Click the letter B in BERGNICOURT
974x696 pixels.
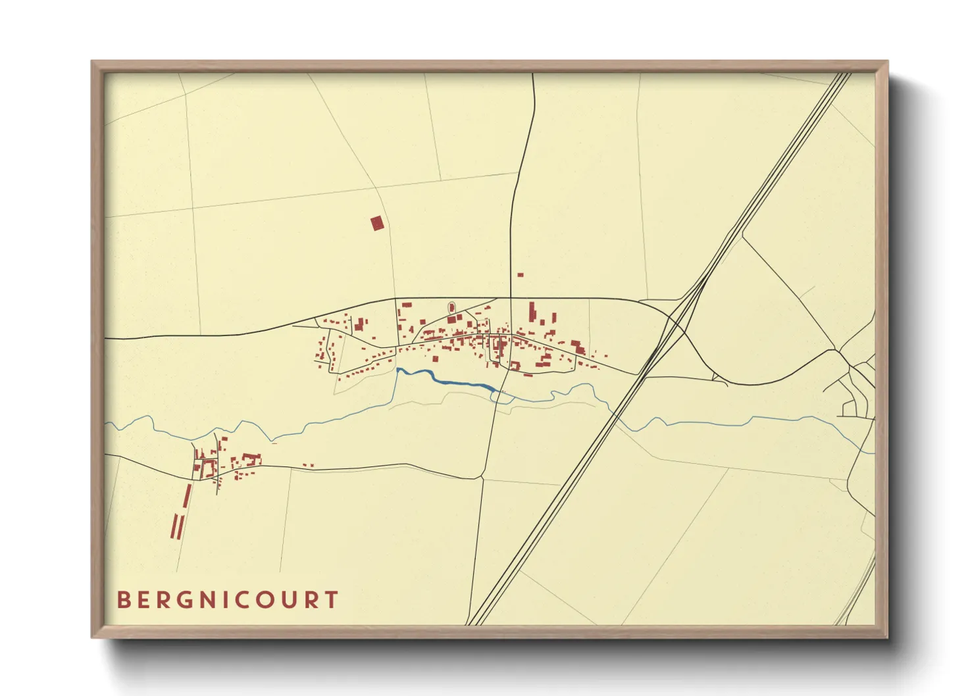[x=124, y=600]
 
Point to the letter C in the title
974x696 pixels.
[x=244, y=600]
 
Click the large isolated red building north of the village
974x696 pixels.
[x=376, y=224]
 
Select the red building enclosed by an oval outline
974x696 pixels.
[x=451, y=307]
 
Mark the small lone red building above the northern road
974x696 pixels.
[x=520, y=274]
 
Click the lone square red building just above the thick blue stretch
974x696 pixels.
[x=435, y=359]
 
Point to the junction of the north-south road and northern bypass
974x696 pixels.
[x=511, y=298]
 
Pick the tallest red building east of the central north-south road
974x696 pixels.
[x=532, y=312]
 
